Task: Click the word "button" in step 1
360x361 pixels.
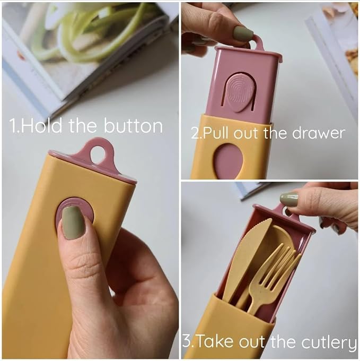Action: point(133,126)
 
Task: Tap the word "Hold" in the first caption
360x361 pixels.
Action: point(41,126)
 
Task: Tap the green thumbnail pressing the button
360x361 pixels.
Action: point(74,222)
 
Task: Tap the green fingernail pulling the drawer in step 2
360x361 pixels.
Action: point(243,33)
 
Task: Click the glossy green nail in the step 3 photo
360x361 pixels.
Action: point(289,199)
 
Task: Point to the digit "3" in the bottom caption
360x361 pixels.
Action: point(187,341)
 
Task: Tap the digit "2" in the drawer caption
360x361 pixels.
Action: point(195,133)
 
